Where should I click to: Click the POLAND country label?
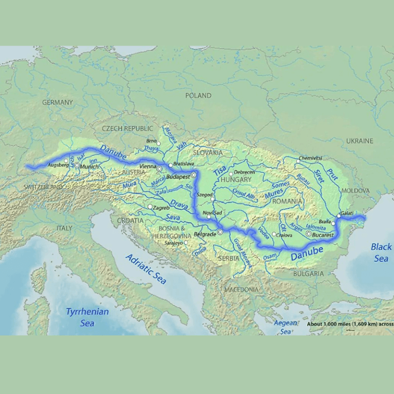pyautogui.click(x=198, y=95)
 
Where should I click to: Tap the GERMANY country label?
pyautogui.click(x=57, y=102)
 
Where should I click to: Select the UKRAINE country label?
pyautogui.click(x=360, y=141)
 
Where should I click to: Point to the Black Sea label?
pyautogui.click(x=381, y=252)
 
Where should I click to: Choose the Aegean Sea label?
pyautogui.click(x=285, y=327)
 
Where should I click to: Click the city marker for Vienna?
pyautogui.click(x=160, y=168)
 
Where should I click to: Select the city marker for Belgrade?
pyautogui.click(x=220, y=232)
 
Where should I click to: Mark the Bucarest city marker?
pyautogui.click(x=308, y=233)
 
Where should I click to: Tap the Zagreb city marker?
pyautogui.click(x=150, y=207)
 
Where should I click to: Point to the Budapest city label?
pyautogui.click(x=178, y=175)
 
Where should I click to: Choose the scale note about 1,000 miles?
pyautogui.click(x=350, y=324)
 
